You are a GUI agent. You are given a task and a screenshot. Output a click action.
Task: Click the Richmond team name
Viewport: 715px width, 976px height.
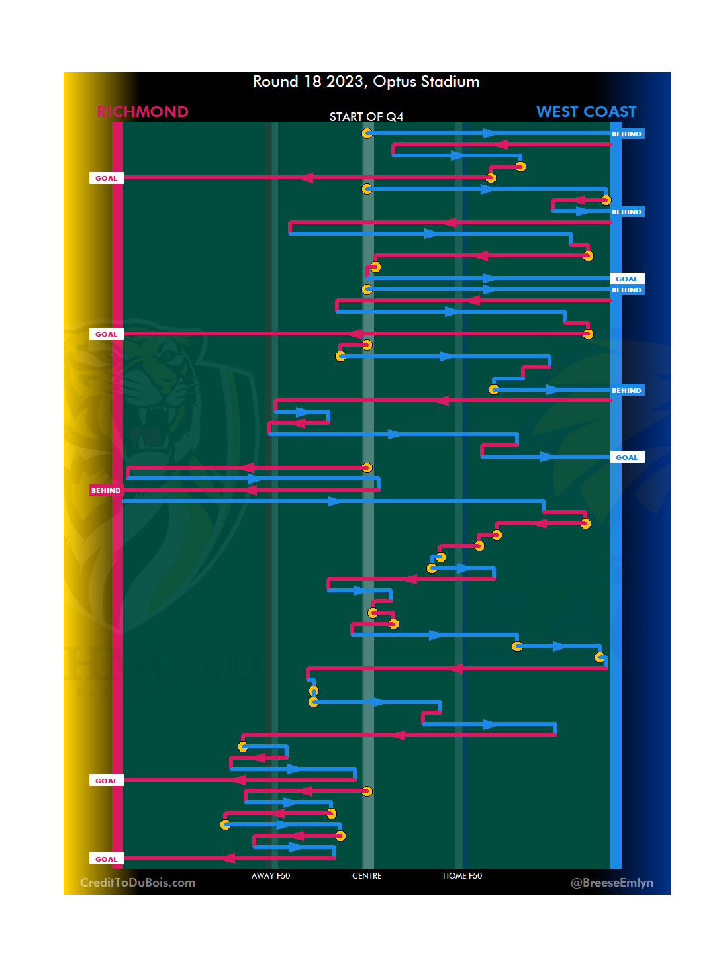tap(142, 112)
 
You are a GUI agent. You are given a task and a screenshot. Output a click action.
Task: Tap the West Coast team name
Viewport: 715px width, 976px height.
tap(586, 112)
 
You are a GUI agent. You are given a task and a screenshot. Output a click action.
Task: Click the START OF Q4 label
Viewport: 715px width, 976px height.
tap(366, 117)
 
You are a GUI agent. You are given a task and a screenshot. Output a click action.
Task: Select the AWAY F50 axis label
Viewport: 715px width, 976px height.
tap(270, 876)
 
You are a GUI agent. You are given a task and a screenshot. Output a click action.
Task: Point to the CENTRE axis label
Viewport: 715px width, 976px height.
tap(367, 876)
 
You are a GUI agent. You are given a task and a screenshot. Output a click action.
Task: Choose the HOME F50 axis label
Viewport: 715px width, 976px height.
tap(462, 876)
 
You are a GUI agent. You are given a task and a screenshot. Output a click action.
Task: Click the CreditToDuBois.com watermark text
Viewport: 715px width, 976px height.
tap(138, 883)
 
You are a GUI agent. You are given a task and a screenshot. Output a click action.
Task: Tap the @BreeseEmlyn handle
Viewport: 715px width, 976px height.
tap(612, 883)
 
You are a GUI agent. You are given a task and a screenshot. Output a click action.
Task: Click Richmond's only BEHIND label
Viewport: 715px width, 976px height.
tap(106, 491)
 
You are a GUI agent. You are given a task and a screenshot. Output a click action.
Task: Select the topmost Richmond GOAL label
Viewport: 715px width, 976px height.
tap(106, 178)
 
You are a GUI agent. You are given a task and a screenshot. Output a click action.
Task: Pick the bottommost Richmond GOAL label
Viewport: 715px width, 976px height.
tap(106, 859)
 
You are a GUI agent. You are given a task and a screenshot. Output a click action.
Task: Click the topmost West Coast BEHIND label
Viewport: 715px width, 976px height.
tap(626, 134)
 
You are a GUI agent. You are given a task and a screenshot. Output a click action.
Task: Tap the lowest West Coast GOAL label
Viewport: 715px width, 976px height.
tap(626, 457)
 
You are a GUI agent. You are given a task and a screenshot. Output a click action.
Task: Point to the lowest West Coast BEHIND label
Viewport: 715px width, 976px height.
tap(626, 390)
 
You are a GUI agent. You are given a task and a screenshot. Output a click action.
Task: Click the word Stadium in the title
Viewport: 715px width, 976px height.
tap(450, 82)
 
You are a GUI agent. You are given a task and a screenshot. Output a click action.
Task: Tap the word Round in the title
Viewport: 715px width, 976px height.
tap(275, 82)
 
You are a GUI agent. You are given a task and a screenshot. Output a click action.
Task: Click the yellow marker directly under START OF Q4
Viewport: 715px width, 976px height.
tap(367, 134)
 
